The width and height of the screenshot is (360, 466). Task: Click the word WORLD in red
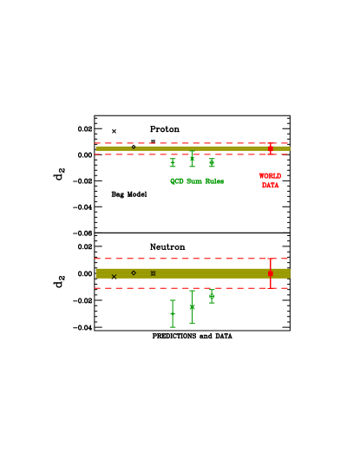coord(270,176)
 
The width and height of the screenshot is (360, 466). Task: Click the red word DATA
coord(270,186)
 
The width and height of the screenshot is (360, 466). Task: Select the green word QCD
coord(176,181)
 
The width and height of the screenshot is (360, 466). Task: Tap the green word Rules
coord(214,181)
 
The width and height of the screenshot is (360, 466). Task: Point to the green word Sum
coord(194,181)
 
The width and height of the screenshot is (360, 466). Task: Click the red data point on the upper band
coord(271,148)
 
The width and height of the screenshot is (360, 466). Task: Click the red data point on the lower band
coord(271,273)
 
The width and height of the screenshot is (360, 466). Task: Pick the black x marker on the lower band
coord(114,277)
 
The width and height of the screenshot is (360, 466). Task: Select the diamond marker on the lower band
coord(134,273)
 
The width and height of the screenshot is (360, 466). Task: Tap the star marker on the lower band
coord(153,273)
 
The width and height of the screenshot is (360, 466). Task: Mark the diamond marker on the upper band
coord(134,147)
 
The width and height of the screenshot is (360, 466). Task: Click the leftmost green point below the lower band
coord(173,313)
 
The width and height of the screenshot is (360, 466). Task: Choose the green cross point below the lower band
coord(192,307)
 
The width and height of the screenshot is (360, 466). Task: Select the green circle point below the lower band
coord(212,296)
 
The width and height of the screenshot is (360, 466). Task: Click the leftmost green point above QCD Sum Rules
coord(173,162)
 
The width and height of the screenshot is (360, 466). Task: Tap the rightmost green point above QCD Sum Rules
coord(212,162)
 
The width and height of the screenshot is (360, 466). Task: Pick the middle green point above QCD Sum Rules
coord(192,158)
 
